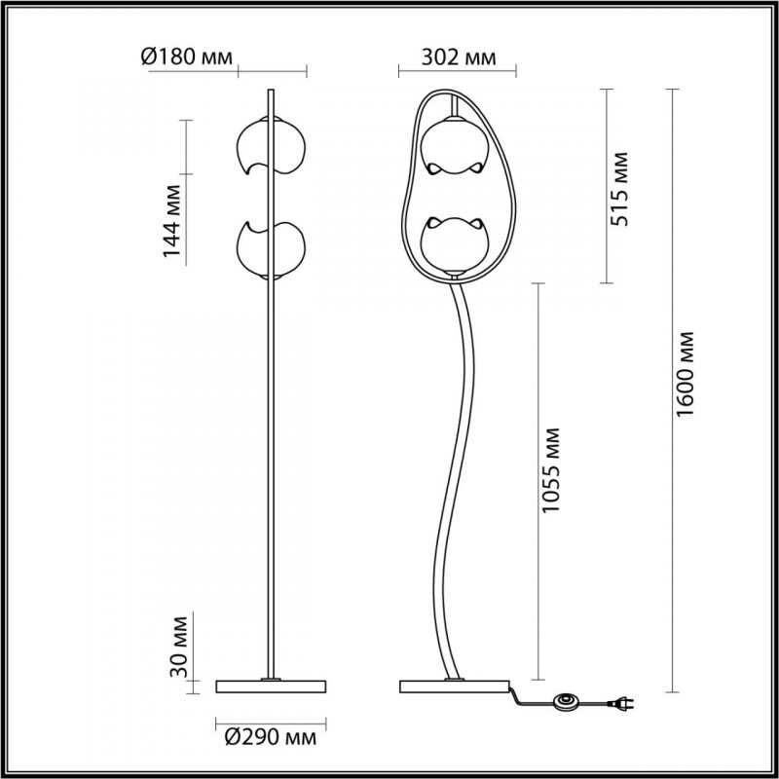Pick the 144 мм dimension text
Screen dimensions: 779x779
(172, 220)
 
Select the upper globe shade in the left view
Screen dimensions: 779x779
(268, 147)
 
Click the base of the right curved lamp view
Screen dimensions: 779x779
(455, 686)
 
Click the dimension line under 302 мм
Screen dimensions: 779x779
(457, 71)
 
